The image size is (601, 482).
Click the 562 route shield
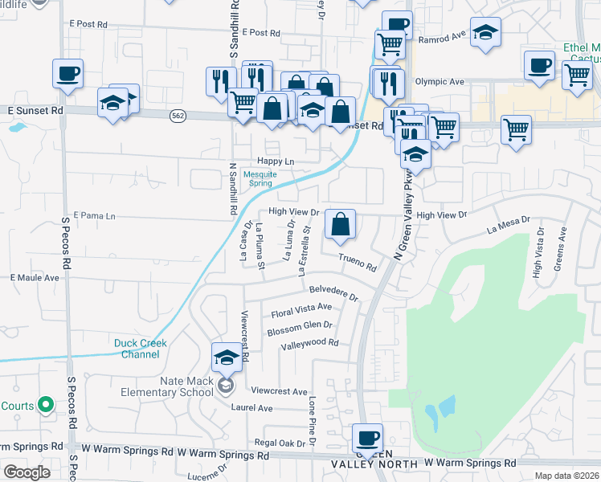[178, 116]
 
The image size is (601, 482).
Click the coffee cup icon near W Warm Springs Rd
[368, 439]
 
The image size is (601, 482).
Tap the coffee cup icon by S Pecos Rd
[67, 75]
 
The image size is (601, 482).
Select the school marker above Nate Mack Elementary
[227, 358]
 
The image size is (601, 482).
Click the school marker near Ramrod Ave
[484, 34]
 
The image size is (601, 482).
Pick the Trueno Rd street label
[358, 262]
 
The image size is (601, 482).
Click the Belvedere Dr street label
[333, 290]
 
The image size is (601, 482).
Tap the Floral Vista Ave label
[301, 308]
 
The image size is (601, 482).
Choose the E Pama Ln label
[95, 216]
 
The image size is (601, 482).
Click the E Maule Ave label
[35, 278]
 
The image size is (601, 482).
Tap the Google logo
[27, 472]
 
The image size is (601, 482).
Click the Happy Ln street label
[276, 161]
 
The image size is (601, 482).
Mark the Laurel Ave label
[251, 408]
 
